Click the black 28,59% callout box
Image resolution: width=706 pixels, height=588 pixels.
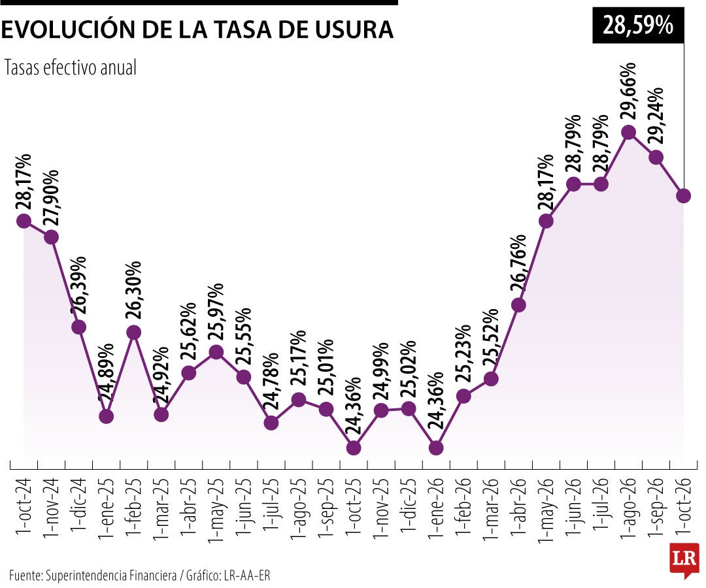(638, 25)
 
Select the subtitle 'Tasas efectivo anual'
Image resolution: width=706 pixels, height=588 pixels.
(70, 68)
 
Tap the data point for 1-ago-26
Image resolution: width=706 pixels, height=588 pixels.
(628, 132)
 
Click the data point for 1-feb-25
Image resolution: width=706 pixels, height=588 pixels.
(134, 333)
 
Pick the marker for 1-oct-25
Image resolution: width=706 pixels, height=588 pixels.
(354, 448)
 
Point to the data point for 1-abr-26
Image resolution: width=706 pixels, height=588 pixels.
(518, 305)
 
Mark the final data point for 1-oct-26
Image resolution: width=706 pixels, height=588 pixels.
(683, 196)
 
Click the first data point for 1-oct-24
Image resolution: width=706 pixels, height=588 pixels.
(24, 221)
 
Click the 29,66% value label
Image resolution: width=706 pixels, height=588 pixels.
(628, 90)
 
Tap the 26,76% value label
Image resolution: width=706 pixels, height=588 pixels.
(518, 264)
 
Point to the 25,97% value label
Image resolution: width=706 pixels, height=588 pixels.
(216, 312)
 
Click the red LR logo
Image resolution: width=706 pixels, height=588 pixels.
(684, 559)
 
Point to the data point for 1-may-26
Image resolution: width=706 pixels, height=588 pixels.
(546, 221)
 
